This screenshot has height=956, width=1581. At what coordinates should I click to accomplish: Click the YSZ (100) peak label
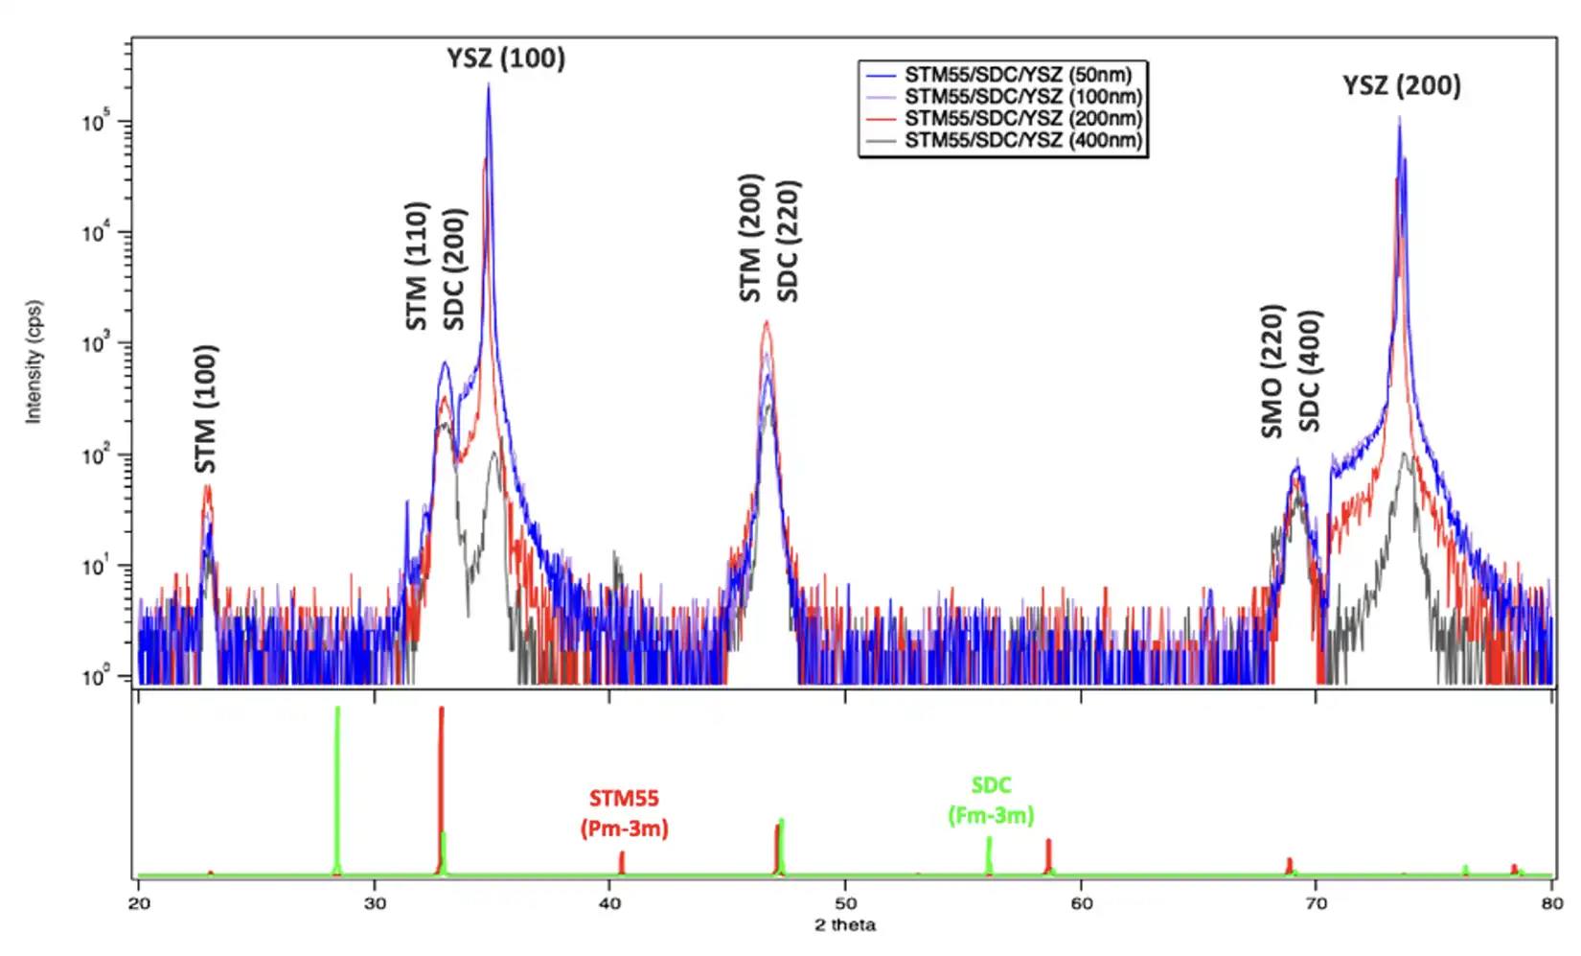[x=506, y=58]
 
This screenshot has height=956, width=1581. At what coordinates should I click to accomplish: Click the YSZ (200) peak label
[x=1401, y=85]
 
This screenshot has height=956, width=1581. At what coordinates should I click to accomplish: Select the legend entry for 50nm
[x=1018, y=75]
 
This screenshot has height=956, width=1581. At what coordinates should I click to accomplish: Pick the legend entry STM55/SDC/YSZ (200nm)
[x=1023, y=118]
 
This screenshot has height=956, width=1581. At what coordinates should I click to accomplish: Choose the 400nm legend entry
[x=1023, y=140]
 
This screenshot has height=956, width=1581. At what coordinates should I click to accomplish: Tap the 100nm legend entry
[x=1023, y=96]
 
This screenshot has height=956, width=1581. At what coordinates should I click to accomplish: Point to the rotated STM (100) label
[x=206, y=408]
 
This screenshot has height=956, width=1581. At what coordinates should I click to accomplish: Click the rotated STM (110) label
[x=416, y=266]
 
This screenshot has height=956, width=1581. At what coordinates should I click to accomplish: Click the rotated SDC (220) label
[x=788, y=241]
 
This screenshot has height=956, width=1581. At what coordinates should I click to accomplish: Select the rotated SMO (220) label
[x=1272, y=371]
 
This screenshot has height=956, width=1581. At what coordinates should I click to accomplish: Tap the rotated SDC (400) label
[x=1310, y=371]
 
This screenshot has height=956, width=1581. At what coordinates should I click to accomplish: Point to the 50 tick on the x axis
[x=845, y=903]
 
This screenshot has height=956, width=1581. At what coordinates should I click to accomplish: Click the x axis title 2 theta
[x=845, y=925]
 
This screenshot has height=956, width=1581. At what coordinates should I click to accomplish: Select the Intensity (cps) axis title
[x=34, y=361]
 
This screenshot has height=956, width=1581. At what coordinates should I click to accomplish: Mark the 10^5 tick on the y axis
[x=96, y=122]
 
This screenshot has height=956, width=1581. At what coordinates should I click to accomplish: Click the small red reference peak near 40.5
[x=622, y=862]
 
